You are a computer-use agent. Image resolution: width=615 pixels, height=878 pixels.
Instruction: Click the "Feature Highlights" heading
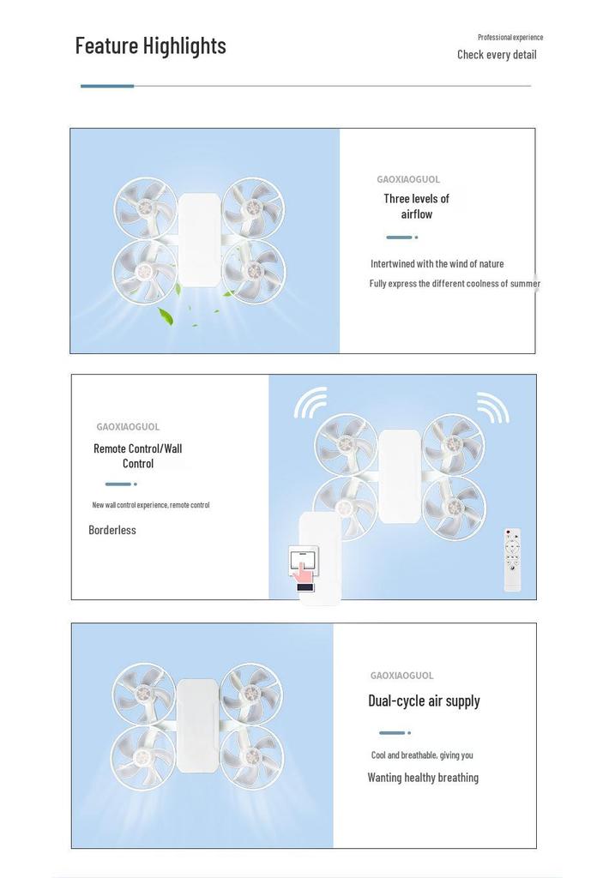[x=151, y=46]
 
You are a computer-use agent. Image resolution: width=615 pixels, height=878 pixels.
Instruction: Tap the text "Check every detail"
[x=497, y=54]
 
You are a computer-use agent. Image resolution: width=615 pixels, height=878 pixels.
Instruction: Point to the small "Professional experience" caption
[x=510, y=38]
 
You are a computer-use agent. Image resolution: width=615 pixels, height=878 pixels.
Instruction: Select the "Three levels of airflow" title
[x=416, y=206]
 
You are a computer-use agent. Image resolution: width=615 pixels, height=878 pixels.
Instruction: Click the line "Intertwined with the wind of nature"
[x=437, y=264]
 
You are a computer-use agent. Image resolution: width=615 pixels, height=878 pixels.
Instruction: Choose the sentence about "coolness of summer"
[x=455, y=283]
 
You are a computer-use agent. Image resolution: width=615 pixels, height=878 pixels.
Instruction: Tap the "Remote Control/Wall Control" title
[x=138, y=456]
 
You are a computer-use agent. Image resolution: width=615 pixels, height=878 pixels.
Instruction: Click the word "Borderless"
[x=112, y=530]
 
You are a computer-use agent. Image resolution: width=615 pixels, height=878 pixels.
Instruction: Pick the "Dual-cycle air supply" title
[x=424, y=701]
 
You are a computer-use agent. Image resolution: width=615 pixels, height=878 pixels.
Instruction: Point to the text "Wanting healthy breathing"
[x=423, y=777]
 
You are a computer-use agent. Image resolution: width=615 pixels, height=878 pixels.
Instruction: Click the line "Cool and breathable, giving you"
[x=422, y=755]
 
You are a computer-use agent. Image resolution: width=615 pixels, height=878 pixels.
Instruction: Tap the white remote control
[x=513, y=560]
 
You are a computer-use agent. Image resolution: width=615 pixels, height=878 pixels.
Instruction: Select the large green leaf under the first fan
[x=166, y=316]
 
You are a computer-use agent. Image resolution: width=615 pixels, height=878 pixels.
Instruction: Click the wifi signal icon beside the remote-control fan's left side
[x=311, y=403]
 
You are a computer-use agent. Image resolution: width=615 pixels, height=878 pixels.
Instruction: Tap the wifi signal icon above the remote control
[x=493, y=407]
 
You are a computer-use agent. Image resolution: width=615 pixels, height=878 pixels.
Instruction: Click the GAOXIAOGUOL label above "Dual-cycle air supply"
[x=401, y=676]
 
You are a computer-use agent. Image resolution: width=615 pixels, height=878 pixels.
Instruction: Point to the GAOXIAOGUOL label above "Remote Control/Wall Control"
[x=128, y=427]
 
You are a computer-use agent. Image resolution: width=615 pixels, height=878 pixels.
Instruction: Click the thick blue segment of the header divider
[x=107, y=86]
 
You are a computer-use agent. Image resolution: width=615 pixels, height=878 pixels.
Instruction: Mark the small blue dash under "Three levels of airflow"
[x=399, y=238]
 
